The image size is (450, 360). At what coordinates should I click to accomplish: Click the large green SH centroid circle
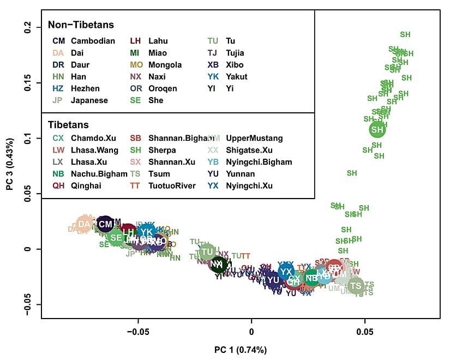[377, 129]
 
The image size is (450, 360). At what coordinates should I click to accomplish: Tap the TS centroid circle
[356, 285]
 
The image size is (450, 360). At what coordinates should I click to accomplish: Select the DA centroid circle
[84, 224]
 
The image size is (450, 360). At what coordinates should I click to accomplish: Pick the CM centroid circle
[105, 224]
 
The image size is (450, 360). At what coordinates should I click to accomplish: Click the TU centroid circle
[207, 252]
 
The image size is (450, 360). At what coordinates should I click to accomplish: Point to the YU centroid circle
[273, 280]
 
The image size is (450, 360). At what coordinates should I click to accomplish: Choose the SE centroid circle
[116, 237]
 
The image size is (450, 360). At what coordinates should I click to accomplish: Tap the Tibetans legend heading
[68, 125]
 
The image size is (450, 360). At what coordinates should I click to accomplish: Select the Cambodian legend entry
[93, 41]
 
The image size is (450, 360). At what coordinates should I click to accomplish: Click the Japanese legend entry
[89, 100]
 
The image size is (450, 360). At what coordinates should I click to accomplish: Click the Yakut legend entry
[236, 77]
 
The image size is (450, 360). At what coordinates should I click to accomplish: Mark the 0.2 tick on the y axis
[41, 27]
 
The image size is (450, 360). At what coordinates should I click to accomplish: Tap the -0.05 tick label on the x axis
[138, 329]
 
